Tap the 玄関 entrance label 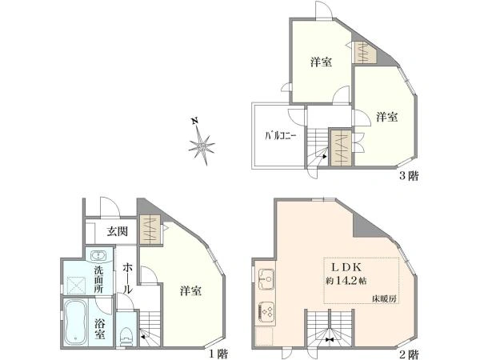(118, 231)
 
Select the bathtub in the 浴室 (75, 322)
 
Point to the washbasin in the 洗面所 (98, 256)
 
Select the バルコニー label (281, 136)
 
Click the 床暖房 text (384, 298)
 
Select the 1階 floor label (219, 354)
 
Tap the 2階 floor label (409, 354)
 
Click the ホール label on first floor (128, 278)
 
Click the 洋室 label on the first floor (190, 290)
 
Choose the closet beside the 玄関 (150, 230)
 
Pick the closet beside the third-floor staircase (341, 148)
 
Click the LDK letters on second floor (347, 267)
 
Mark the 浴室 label (100, 329)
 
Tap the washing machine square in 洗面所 (76, 285)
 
